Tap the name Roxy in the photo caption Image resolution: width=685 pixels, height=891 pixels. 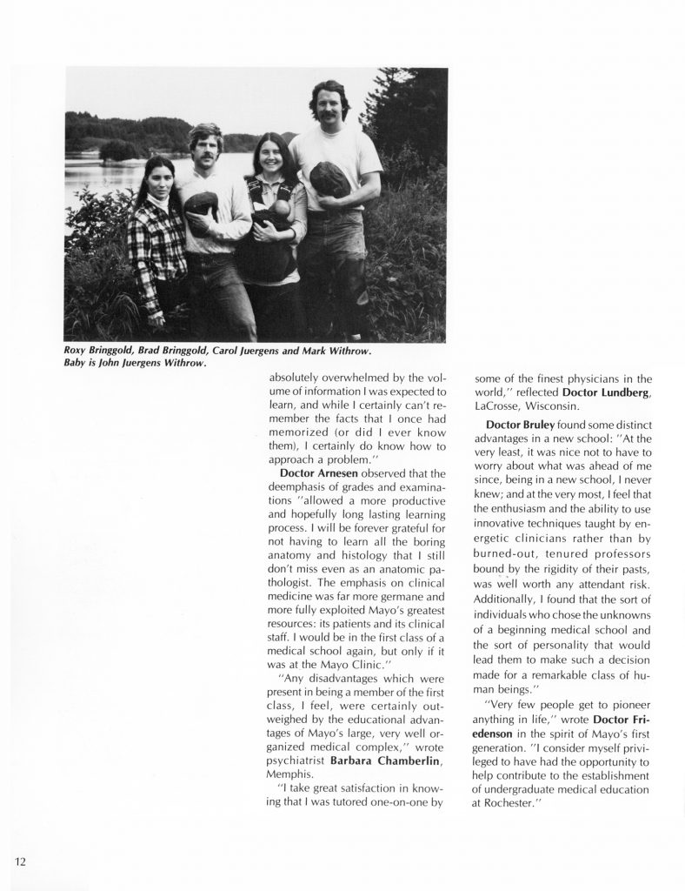pos(79,350)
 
